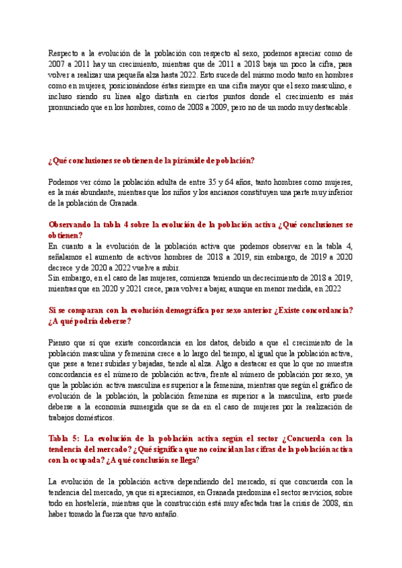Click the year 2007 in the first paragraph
[x=59, y=64]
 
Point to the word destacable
[x=328, y=109]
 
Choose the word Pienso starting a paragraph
[x=61, y=344]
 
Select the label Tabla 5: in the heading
[x=64, y=439]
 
